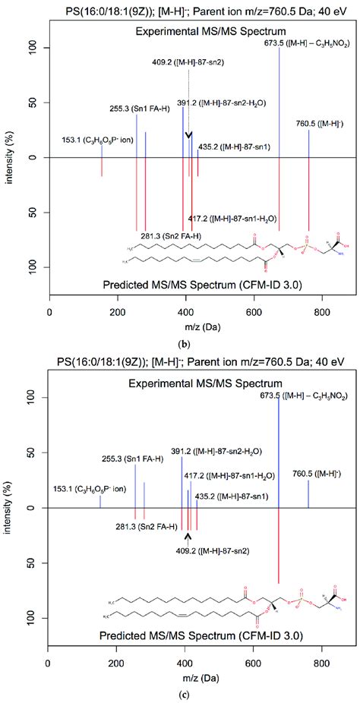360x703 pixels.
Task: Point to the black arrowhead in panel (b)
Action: [188, 134]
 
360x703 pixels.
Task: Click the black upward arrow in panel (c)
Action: [188, 537]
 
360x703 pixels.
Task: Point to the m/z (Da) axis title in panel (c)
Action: [187, 674]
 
